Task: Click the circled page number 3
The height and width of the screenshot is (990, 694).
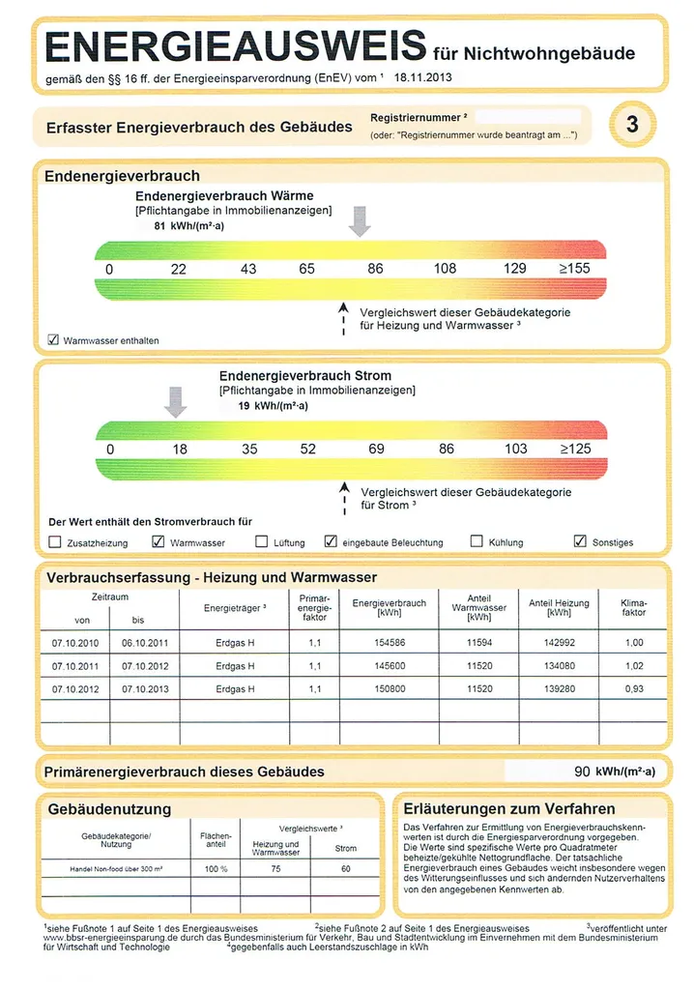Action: tap(631, 125)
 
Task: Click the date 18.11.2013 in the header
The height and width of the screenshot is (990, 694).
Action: tap(425, 76)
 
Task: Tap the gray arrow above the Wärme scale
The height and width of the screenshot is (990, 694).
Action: tap(360, 220)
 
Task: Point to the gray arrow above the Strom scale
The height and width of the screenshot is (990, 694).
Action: tap(175, 400)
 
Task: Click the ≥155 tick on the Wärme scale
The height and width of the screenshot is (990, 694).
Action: tap(574, 268)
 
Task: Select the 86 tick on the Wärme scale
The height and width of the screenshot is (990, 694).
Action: tap(375, 268)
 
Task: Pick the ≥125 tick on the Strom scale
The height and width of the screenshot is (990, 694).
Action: tap(575, 449)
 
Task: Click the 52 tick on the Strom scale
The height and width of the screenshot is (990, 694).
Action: tap(307, 449)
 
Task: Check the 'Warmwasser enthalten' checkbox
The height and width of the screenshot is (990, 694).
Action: tap(53, 340)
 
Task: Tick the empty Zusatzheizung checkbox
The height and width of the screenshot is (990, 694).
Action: tap(54, 541)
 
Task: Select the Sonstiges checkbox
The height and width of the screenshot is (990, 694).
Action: tap(580, 541)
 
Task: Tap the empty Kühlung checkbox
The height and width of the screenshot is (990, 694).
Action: tap(476, 541)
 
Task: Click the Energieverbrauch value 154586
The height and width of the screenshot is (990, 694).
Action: tap(389, 643)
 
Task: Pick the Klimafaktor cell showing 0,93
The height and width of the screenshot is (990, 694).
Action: tap(633, 688)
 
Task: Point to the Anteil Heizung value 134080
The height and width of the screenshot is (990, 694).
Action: tap(558, 666)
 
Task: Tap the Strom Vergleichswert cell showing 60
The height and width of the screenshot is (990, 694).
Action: tap(345, 868)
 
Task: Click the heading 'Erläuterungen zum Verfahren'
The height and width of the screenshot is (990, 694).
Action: tap(508, 808)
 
